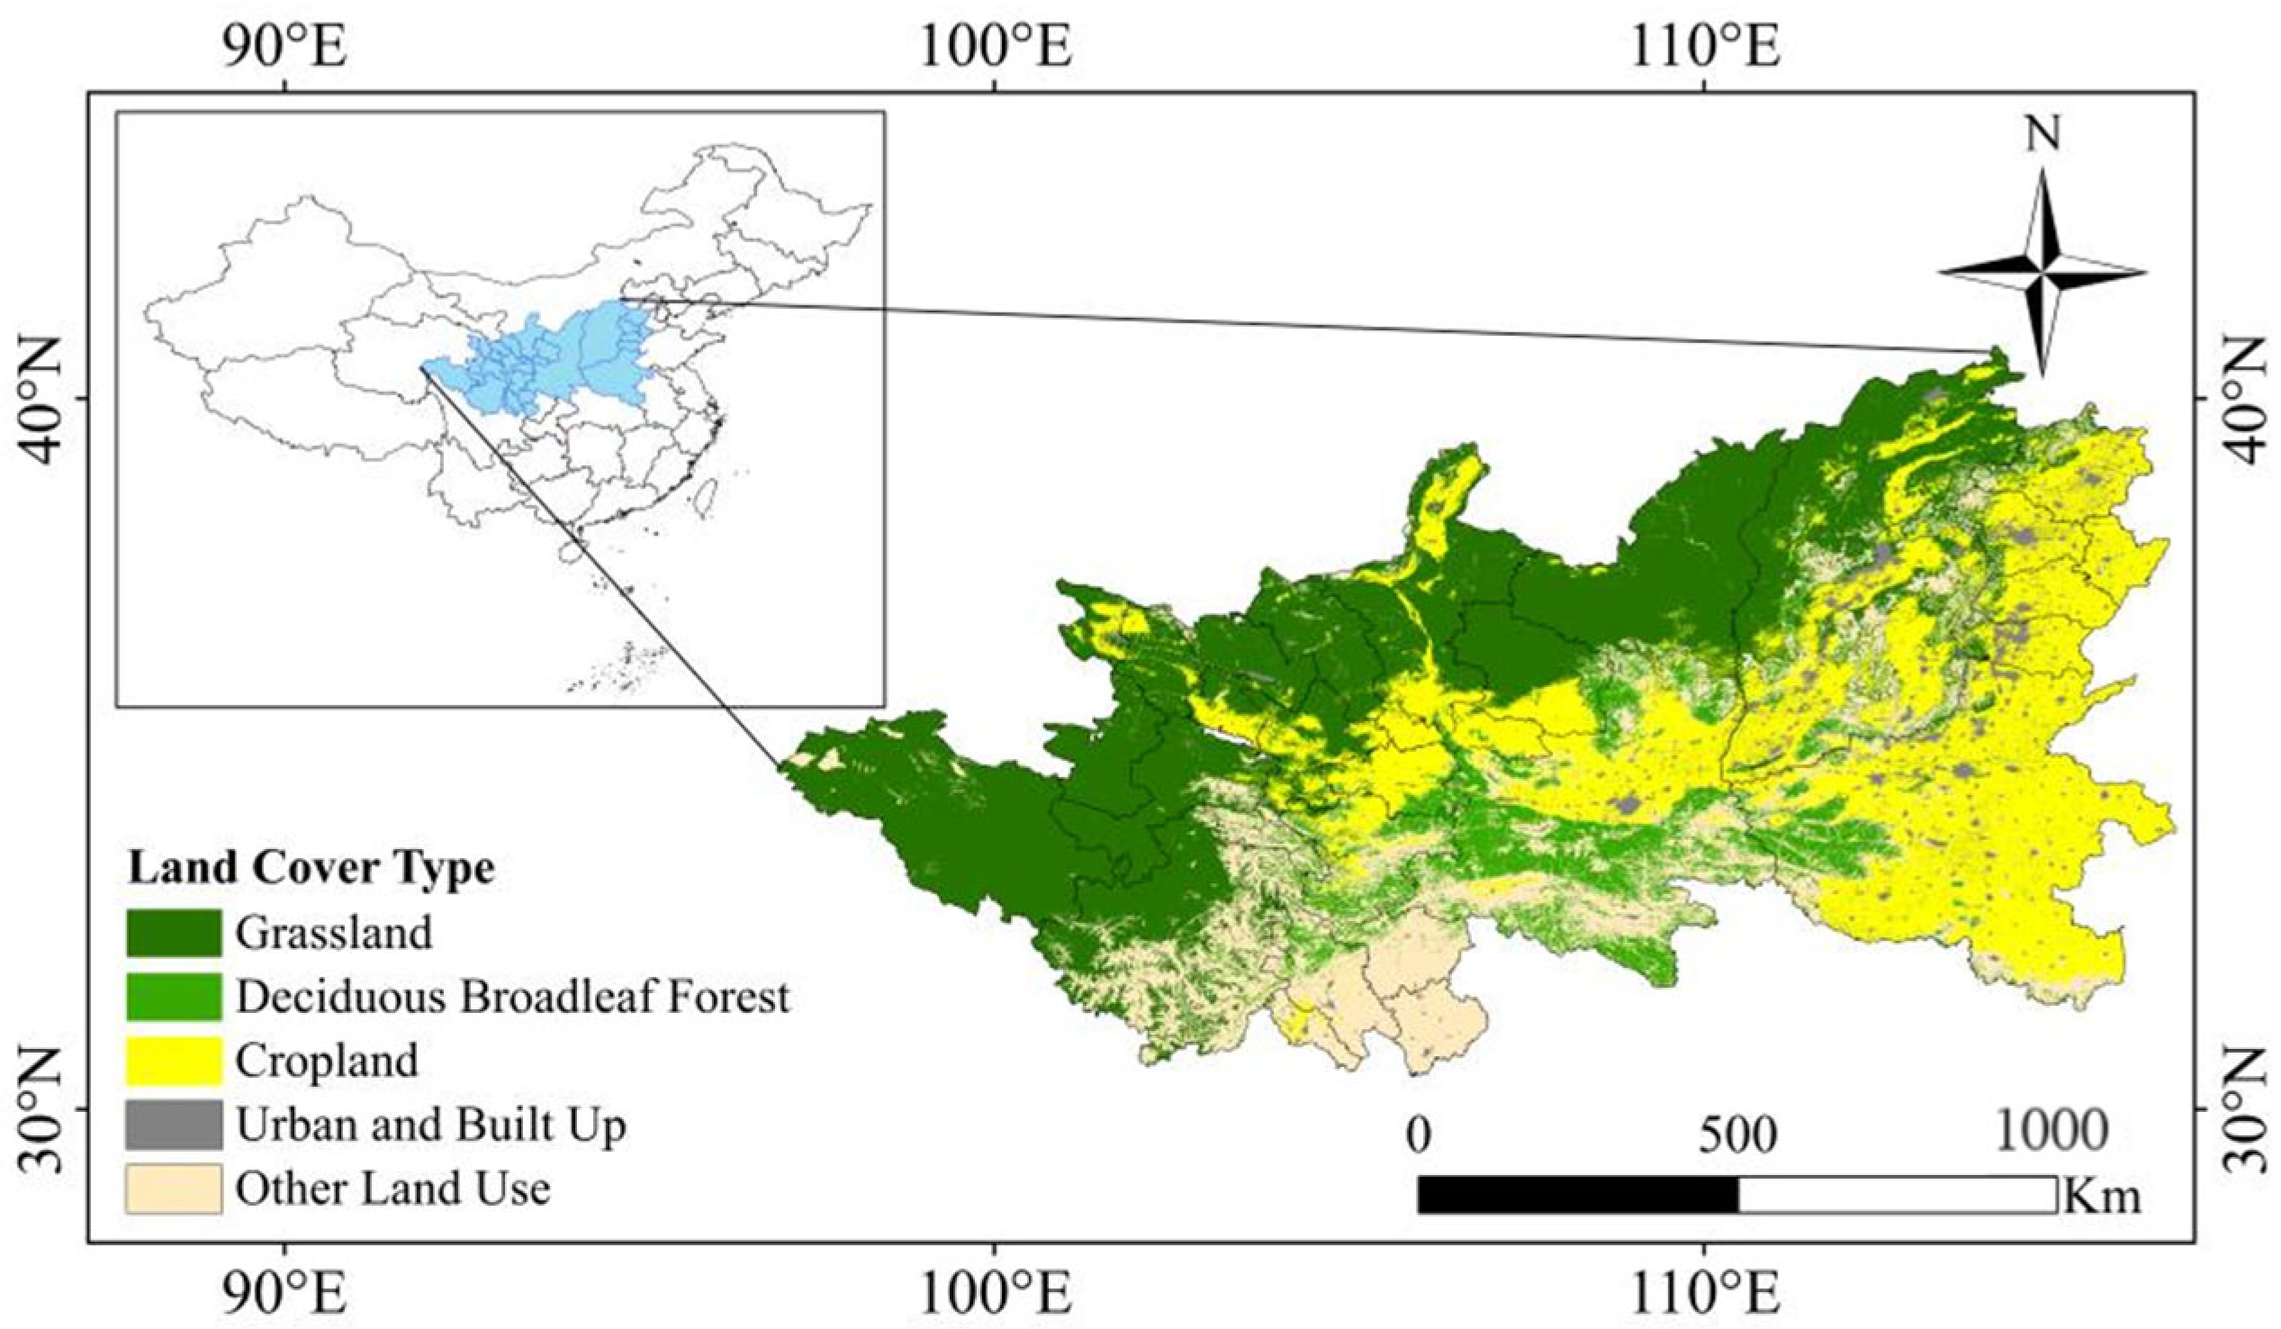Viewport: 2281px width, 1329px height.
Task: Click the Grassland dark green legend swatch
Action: point(173,933)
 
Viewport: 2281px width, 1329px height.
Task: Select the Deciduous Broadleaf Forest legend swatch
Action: point(173,996)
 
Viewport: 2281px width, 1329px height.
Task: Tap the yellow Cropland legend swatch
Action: point(173,1060)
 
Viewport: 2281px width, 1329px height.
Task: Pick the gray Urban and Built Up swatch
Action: point(173,1125)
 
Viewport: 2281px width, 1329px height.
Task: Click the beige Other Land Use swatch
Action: point(173,1189)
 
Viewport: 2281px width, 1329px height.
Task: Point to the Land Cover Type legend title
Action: point(311,868)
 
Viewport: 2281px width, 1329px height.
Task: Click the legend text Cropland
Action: point(327,1060)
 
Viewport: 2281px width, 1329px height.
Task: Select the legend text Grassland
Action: point(334,933)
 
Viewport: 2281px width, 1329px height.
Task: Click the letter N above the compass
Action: point(2042,134)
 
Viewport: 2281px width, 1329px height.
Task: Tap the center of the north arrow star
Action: point(2042,272)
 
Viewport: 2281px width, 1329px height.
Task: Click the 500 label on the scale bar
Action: point(1737,1133)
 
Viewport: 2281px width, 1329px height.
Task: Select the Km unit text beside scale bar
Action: point(2102,1197)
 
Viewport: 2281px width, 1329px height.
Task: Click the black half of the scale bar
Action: point(1578,1195)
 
